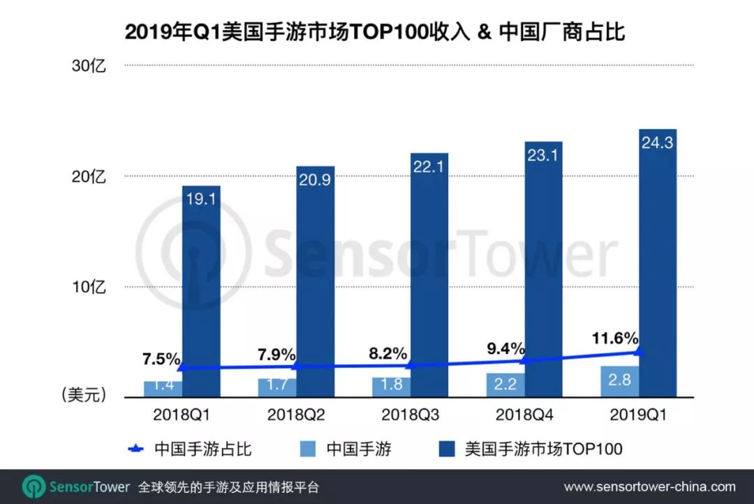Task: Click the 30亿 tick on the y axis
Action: (x=88, y=66)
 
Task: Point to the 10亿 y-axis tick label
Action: (x=88, y=287)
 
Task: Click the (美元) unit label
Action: (x=83, y=396)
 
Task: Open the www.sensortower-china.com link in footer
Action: (x=649, y=487)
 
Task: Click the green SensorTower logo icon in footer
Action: (x=33, y=487)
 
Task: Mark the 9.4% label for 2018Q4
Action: (x=505, y=348)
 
